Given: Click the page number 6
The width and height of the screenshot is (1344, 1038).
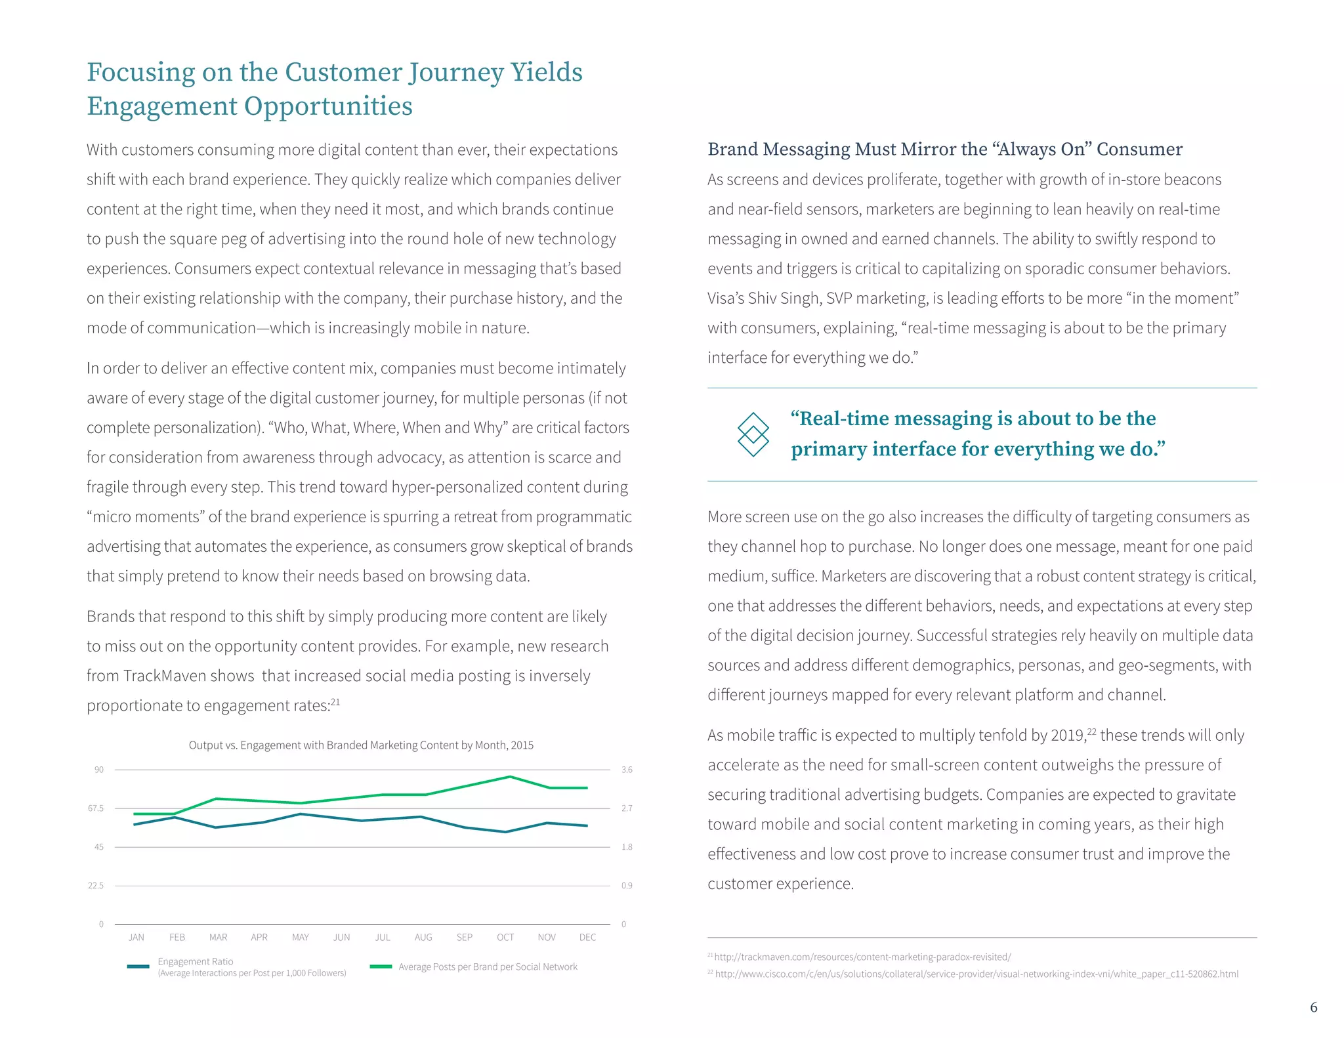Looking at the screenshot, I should [1313, 1007].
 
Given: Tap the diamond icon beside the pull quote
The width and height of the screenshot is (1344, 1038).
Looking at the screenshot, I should [753, 434].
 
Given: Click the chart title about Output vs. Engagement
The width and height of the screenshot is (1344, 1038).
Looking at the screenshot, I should [361, 745].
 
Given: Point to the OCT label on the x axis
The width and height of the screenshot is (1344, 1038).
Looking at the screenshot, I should [505, 937].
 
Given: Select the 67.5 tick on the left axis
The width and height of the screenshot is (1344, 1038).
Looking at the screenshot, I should [96, 808].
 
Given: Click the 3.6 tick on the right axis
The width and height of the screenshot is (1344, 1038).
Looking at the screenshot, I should [627, 770].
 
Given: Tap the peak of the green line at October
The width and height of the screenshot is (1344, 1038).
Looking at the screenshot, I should [510, 777].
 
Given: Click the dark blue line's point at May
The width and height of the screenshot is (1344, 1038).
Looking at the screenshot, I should [301, 814].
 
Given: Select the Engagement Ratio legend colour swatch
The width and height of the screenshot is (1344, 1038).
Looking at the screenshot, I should [138, 966].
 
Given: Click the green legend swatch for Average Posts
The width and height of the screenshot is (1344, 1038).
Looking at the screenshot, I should [381, 966].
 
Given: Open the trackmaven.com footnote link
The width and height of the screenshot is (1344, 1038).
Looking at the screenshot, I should [862, 957].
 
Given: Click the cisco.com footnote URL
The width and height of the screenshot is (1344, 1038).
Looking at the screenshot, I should [976, 974].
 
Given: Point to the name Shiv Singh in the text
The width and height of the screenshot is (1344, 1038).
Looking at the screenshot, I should [784, 299].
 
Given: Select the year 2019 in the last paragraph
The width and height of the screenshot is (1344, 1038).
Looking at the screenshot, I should [1068, 736].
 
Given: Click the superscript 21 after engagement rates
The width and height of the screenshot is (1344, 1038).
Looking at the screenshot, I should [335, 702].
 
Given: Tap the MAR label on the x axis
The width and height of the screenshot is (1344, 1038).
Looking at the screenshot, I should [218, 937].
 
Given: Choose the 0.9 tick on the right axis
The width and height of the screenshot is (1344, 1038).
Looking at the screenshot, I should [627, 886].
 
